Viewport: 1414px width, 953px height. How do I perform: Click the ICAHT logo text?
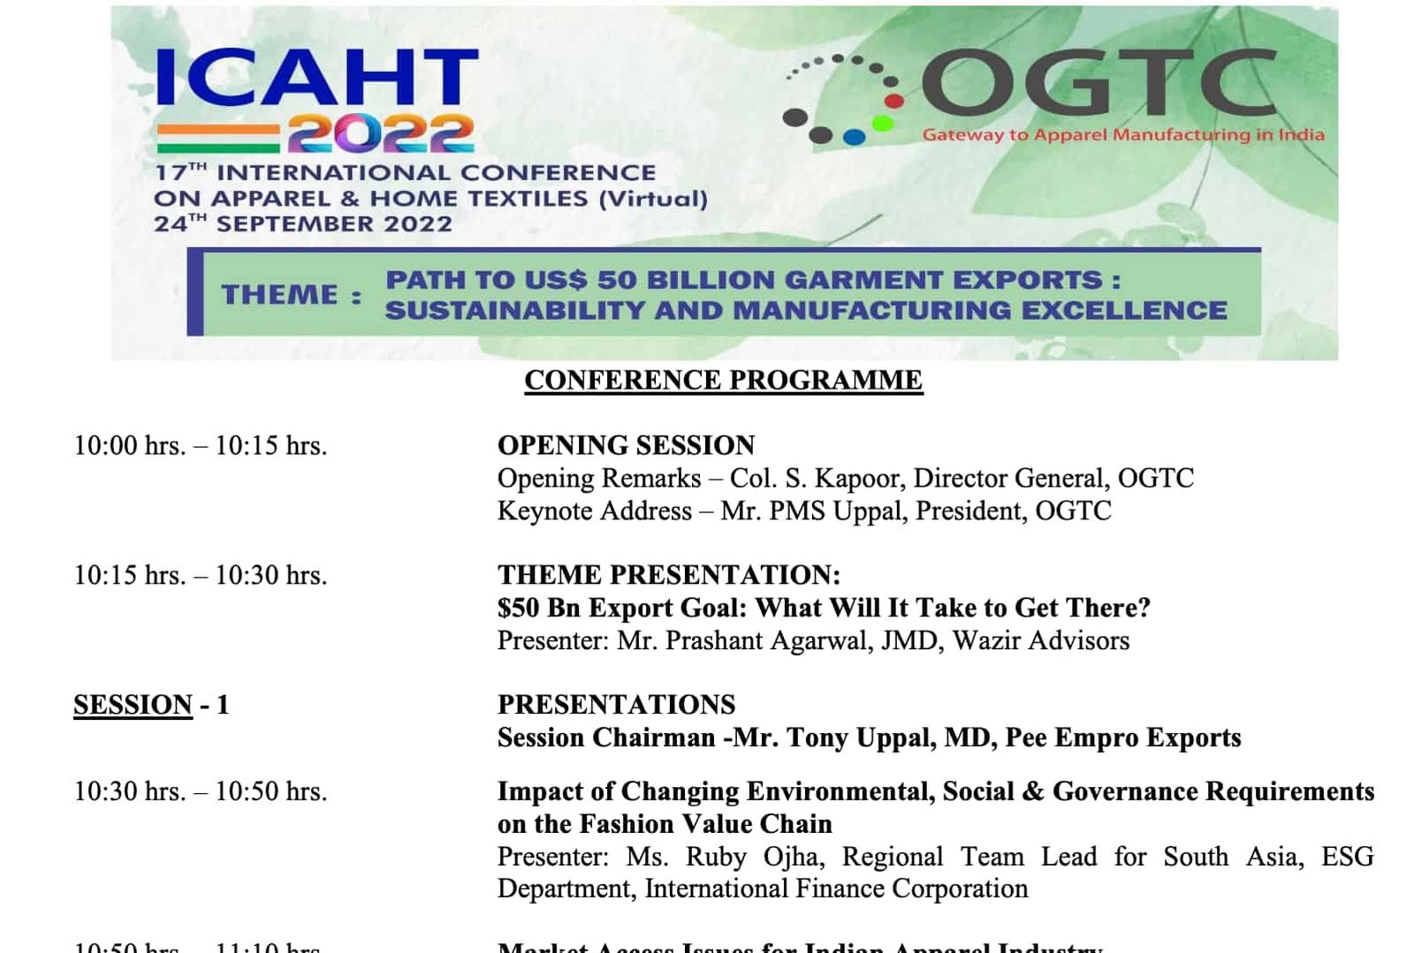[316, 77]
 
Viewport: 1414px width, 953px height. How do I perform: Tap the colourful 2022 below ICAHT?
[380, 135]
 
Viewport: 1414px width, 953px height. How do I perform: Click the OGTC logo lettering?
[1099, 82]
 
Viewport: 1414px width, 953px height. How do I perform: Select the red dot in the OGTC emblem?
[893, 101]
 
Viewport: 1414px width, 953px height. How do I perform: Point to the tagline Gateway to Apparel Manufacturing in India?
[1122, 135]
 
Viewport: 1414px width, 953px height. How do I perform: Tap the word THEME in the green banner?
[280, 294]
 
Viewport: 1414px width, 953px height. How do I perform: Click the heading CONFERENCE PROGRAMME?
[723, 380]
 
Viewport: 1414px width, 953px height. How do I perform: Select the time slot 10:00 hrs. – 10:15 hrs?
[201, 445]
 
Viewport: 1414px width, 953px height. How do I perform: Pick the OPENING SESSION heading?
[626, 445]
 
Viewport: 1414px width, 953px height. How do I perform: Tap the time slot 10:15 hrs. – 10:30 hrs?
[201, 575]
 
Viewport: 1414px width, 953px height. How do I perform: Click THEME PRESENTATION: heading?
[669, 575]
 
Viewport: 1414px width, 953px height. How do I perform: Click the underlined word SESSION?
[133, 705]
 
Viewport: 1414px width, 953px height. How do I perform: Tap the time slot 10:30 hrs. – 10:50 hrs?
[201, 791]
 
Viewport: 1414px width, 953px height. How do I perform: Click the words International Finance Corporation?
[836, 889]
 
